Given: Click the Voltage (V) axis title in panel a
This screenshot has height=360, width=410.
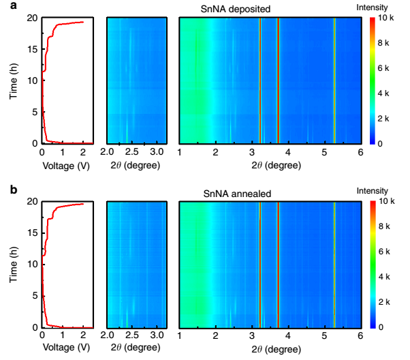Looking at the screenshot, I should (65, 165).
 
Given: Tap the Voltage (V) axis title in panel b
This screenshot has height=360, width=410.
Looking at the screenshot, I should (65, 348).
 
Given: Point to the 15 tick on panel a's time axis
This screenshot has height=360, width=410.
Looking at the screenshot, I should (31, 49).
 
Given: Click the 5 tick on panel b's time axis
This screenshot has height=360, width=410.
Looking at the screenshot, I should (34, 296).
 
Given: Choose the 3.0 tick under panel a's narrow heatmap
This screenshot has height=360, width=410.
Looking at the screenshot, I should (157, 151).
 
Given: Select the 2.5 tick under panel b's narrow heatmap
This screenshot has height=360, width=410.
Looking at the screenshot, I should (132, 335).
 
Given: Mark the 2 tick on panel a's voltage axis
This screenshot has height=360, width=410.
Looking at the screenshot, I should (83, 151).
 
